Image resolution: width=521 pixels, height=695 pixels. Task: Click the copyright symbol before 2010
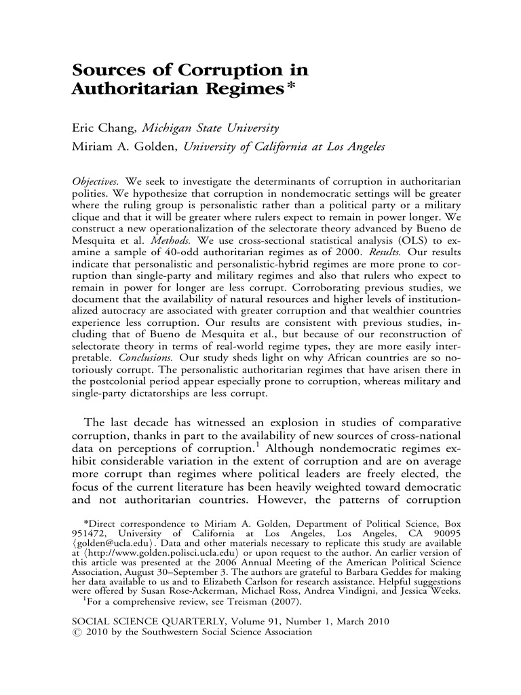point(76,631)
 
